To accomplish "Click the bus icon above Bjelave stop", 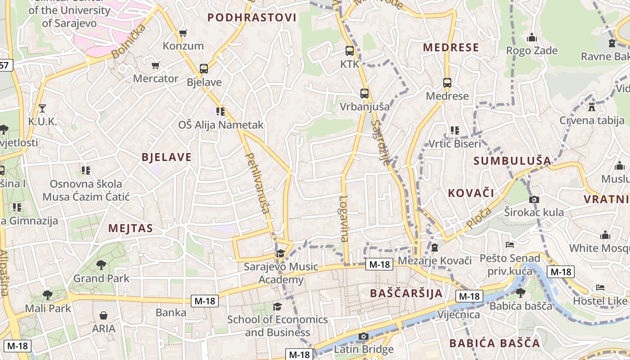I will (x=204, y=69).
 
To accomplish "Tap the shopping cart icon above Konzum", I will (x=183, y=33).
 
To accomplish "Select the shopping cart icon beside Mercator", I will (x=156, y=66).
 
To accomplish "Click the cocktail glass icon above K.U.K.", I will (x=42, y=108).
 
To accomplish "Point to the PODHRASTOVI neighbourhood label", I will (x=252, y=18).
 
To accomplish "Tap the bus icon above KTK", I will (x=350, y=51).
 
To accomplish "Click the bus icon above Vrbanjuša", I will (x=364, y=94).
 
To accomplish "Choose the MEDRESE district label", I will (x=451, y=47).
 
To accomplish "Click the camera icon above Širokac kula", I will (x=534, y=199).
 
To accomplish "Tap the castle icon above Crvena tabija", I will (x=592, y=107).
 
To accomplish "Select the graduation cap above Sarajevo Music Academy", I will (x=281, y=254).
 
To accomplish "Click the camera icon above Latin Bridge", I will (x=364, y=337).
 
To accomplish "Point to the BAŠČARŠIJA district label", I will (x=406, y=293).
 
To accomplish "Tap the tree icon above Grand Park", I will (x=101, y=265).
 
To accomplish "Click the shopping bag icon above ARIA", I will (x=103, y=315).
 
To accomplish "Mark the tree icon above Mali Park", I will (x=48, y=295).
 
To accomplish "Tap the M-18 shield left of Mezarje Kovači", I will (x=379, y=264).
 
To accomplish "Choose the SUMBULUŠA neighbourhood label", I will (x=512, y=161).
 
